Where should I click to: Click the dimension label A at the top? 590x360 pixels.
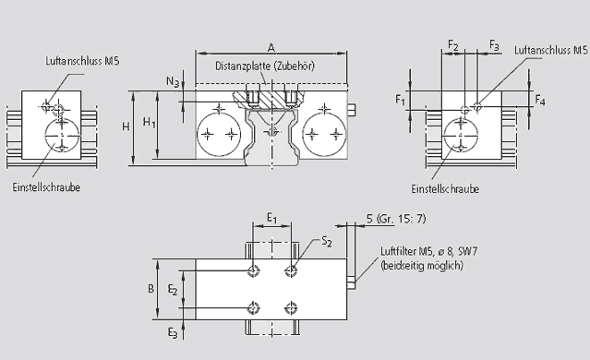[271, 47]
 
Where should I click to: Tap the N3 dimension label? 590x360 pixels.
[173, 81]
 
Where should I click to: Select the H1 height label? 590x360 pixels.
[149, 122]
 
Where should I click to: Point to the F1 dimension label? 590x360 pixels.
[401, 100]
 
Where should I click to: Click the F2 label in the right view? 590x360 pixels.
[453, 45]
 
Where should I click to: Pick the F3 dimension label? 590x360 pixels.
[494, 45]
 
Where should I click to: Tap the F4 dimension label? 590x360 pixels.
[540, 100]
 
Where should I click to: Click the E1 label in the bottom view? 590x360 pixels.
[272, 218]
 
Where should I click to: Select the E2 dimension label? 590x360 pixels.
[173, 290]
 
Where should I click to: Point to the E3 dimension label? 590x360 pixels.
[173, 332]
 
